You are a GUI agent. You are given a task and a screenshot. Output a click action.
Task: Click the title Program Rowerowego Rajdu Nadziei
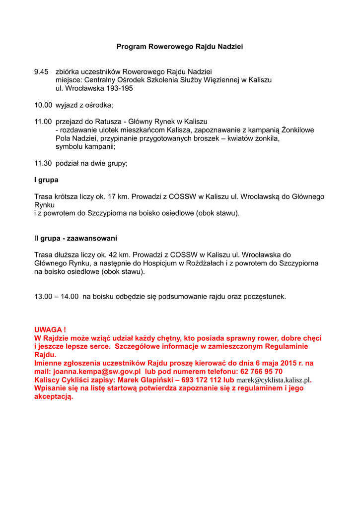180,47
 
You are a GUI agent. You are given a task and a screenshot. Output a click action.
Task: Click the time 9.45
41,71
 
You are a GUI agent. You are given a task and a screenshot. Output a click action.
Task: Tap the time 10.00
43,105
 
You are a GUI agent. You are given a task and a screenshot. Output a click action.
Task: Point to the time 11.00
43,122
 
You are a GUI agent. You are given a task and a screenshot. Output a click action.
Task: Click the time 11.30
43,163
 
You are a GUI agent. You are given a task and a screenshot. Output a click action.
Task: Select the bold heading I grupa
46,180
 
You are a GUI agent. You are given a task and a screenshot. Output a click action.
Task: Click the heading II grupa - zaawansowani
75,238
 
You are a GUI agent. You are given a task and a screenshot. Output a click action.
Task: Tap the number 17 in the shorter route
112,197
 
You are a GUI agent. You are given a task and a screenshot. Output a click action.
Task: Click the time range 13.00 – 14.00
57,297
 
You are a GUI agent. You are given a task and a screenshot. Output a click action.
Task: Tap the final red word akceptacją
54,397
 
